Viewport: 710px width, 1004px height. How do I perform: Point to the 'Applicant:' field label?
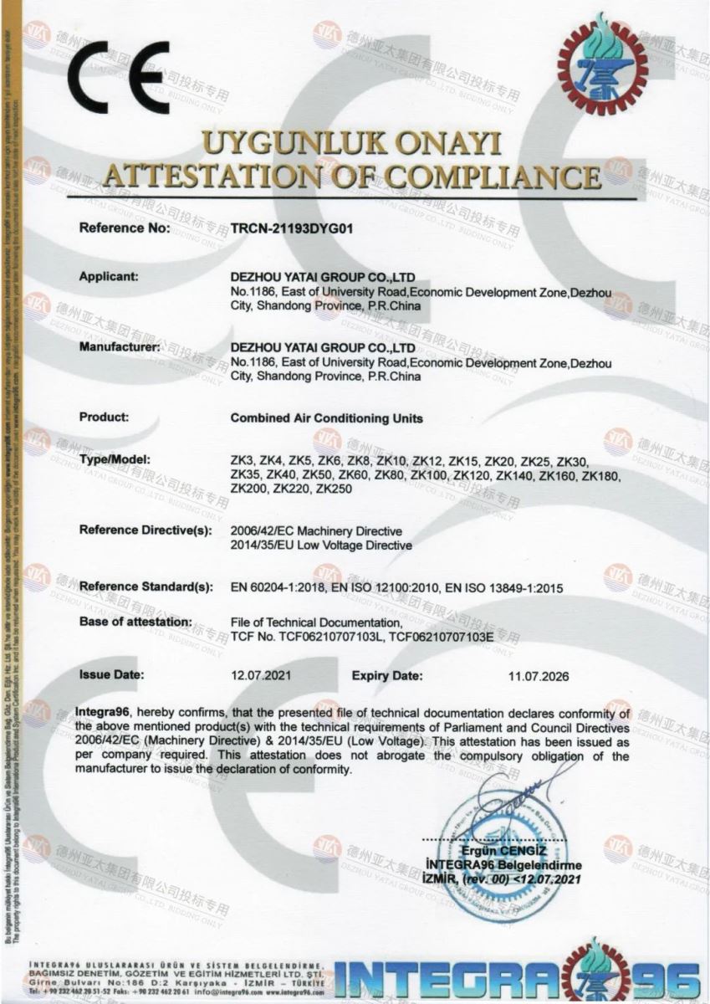(x=108, y=276)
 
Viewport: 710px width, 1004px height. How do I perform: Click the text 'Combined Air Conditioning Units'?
(x=326, y=417)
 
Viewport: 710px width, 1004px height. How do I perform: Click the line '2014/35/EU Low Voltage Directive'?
(x=320, y=546)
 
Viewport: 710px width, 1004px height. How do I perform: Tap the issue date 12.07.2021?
(x=261, y=674)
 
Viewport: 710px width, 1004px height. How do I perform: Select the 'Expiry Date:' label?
(x=387, y=674)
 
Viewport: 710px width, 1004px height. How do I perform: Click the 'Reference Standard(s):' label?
(x=146, y=588)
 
